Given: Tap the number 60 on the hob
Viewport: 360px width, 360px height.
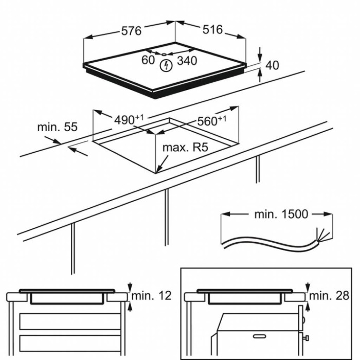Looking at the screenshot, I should (148, 60).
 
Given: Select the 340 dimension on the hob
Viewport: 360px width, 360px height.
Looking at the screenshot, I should (187, 61).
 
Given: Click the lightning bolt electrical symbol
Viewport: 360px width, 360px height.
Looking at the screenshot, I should (166, 66).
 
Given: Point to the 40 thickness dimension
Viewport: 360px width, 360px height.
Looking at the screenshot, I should (273, 65).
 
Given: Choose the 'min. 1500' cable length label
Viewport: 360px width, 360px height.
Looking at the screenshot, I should (281, 214).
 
